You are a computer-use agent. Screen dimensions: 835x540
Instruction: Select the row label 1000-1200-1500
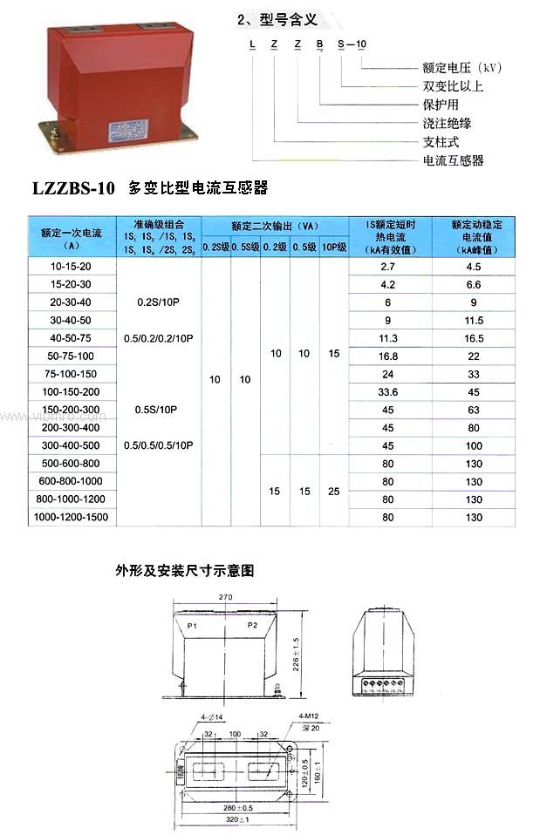pyautogui.click(x=73, y=517)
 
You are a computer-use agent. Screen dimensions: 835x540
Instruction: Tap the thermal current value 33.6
pyautogui.click(x=388, y=391)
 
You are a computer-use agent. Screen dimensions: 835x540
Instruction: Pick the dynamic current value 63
pyautogui.click(x=474, y=410)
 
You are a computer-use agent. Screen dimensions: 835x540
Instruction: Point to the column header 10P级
pyautogui.click(x=334, y=248)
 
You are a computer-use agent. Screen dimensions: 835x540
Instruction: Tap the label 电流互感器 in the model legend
pyautogui.click(x=453, y=160)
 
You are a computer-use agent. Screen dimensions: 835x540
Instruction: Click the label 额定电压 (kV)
pyautogui.click(x=462, y=67)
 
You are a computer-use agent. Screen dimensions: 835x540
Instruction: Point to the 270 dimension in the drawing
pyautogui.click(x=227, y=598)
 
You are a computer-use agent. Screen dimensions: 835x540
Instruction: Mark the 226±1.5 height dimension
pyautogui.click(x=296, y=649)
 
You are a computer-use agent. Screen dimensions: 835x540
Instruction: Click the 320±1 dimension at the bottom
pyautogui.click(x=239, y=818)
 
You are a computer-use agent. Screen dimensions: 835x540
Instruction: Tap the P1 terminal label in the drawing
pyautogui.click(x=192, y=626)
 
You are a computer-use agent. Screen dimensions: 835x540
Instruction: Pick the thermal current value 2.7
pyautogui.click(x=388, y=266)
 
